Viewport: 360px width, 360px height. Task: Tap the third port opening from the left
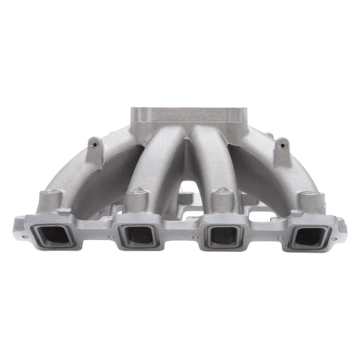(x=223, y=236)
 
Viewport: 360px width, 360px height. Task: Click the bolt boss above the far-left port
(x=51, y=200)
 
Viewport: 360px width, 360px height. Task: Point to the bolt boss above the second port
(x=136, y=199)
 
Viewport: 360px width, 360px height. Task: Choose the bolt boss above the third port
(x=220, y=199)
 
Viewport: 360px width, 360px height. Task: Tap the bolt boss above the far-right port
(x=309, y=201)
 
